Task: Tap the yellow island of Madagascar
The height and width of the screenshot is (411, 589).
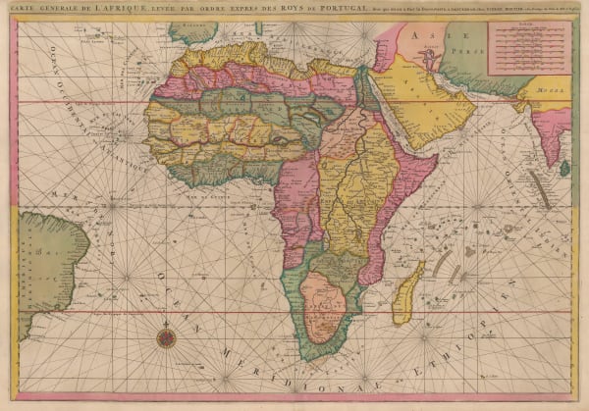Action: tap(407, 294)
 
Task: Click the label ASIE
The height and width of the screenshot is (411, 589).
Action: tap(428, 35)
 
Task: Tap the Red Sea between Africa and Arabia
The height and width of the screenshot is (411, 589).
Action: tap(378, 108)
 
